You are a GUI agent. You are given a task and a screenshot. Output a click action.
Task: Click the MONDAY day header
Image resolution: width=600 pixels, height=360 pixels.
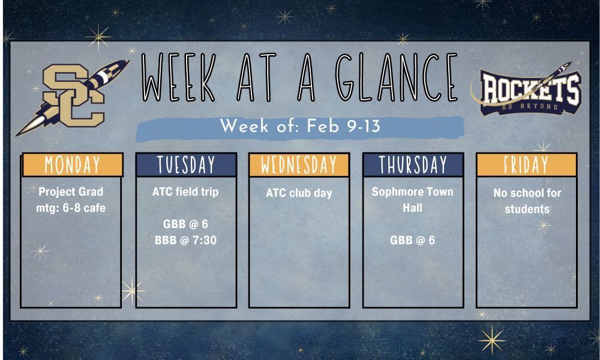pos(73,164)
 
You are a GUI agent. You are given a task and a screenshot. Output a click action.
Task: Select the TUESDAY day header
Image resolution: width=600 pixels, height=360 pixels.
pos(186,164)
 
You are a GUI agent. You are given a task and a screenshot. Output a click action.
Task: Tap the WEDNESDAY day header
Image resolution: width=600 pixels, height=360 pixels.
pos(299,164)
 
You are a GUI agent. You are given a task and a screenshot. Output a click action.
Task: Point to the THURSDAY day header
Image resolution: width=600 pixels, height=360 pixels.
pos(413,164)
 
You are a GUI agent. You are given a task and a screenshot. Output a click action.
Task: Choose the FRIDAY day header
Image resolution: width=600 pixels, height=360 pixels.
pos(526,164)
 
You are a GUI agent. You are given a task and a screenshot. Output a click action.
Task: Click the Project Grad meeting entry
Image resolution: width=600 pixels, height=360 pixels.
pos(71,200)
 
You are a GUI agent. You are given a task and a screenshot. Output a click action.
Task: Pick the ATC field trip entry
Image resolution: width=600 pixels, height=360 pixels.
pos(185,192)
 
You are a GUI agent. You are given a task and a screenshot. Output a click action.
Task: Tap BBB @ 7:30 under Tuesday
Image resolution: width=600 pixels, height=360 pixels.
pos(185,240)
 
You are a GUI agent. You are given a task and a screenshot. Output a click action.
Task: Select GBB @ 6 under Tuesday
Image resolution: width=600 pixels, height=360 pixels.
pos(185,224)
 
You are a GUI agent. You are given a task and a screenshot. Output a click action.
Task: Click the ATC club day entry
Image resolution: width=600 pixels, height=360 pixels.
pos(299,193)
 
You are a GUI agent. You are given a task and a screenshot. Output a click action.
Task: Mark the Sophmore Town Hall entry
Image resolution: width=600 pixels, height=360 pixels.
pos(412,200)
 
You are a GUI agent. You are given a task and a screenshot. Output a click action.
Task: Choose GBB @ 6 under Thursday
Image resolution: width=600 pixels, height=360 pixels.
pos(412,240)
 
